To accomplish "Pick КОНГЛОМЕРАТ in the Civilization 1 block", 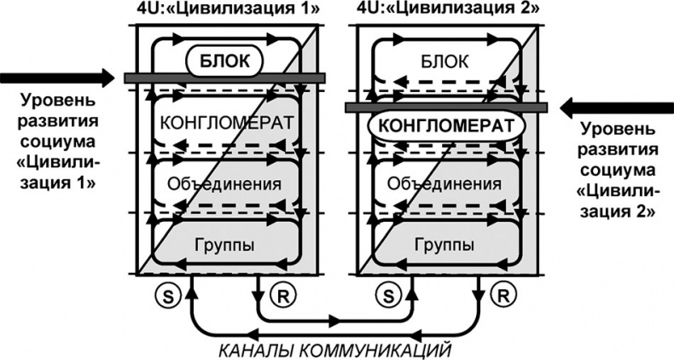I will [227, 122].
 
